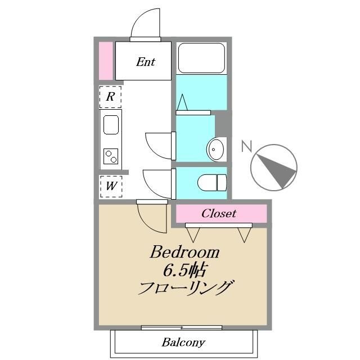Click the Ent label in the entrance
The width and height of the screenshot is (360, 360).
pos(146,62)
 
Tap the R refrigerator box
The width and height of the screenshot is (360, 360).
pos(111,97)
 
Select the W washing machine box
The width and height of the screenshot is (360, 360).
pos(111,186)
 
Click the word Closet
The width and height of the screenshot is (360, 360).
pos(219,214)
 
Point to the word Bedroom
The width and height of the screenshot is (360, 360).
pos(184,253)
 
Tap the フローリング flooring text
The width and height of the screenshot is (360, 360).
pos(185,288)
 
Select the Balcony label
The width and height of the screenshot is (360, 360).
pos(183,341)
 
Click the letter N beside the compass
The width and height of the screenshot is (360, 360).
pos(246,147)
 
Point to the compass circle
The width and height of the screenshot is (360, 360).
pos(273,168)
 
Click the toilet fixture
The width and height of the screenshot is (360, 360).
pos(213,182)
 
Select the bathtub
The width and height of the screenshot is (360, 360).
pos(201,57)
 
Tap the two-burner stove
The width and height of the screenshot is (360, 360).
pos(111,155)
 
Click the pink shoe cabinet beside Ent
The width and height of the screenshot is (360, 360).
pos(105,61)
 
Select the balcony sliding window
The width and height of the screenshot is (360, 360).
pos(182,327)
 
